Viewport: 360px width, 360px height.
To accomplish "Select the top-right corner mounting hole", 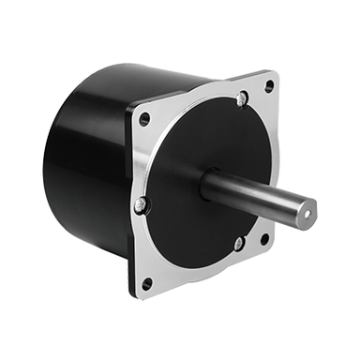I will [269, 85].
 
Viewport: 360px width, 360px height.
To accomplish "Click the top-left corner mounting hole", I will [144, 119].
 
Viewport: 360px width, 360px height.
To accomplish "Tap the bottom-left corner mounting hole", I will [146, 283].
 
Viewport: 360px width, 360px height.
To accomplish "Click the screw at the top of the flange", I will [242, 97].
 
